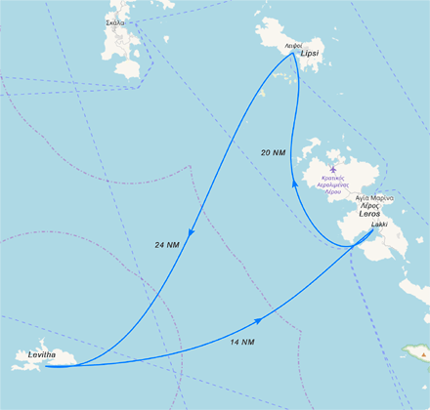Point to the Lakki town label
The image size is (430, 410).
pyautogui.click(x=379, y=225)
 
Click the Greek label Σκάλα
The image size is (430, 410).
pyautogui.click(x=114, y=20)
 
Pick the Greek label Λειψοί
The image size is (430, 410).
pyautogui.click(x=292, y=46)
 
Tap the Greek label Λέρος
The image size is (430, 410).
pyautogui.click(x=371, y=206)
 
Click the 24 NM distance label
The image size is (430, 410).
pyautogui.click(x=167, y=243)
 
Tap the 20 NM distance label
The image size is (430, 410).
pyautogui.click(x=275, y=152)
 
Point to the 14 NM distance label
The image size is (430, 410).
pyautogui.click(x=241, y=343)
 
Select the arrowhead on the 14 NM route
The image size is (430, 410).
pyautogui.click(x=258, y=321)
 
